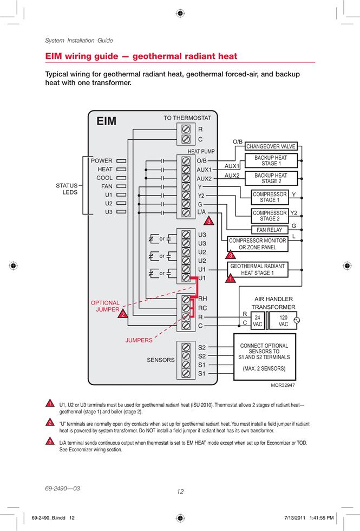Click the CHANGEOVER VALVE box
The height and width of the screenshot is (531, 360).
(x=271, y=146)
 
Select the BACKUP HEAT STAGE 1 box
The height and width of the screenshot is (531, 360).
(x=271, y=160)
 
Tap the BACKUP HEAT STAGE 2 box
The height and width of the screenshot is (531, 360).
(x=271, y=178)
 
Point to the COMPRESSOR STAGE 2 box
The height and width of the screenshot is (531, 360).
(x=270, y=216)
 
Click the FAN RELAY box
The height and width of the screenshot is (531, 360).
(x=270, y=230)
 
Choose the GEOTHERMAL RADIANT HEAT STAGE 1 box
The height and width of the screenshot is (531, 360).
(x=258, y=270)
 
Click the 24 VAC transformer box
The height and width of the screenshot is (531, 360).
(x=258, y=320)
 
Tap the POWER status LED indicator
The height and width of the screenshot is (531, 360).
(x=121, y=161)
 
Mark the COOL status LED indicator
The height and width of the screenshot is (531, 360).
(x=121, y=178)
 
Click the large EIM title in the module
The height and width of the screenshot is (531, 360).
(x=106, y=121)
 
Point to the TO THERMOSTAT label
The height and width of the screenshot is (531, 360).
(x=187, y=118)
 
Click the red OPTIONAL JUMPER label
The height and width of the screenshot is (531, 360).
(x=105, y=306)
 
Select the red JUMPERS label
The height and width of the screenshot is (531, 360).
(x=139, y=340)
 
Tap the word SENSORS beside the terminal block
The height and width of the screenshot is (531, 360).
(x=161, y=360)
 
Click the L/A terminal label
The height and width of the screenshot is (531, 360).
(x=201, y=212)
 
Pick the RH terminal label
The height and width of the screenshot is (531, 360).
(x=202, y=299)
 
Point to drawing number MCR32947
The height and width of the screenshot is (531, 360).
(x=283, y=385)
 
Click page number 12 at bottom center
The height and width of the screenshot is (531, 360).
(x=180, y=492)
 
